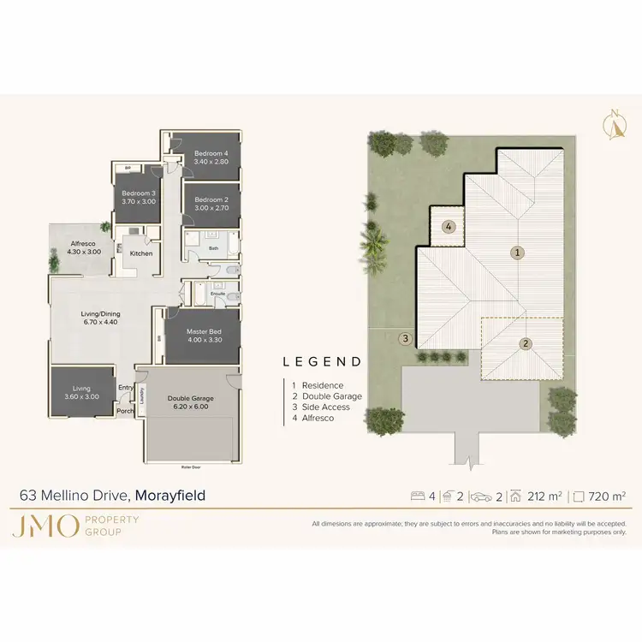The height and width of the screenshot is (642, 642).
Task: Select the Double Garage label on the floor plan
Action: click(x=190, y=398)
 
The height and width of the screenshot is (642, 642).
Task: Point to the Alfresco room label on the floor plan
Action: click(x=83, y=244)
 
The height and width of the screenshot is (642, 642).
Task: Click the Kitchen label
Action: click(x=141, y=253)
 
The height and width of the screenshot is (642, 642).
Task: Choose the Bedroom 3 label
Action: click(x=138, y=193)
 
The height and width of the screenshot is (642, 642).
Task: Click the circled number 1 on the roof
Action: click(x=516, y=253)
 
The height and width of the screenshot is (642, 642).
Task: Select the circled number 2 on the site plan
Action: click(x=526, y=344)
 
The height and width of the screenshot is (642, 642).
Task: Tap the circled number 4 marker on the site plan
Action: click(x=449, y=227)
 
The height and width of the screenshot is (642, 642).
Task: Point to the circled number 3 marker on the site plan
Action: click(x=404, y=339)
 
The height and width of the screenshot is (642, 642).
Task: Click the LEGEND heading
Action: click(x=322, y=362)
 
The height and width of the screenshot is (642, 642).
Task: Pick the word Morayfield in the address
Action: click(x=170, y=495)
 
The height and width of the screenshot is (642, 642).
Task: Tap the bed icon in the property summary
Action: click(x=419, y=495)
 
